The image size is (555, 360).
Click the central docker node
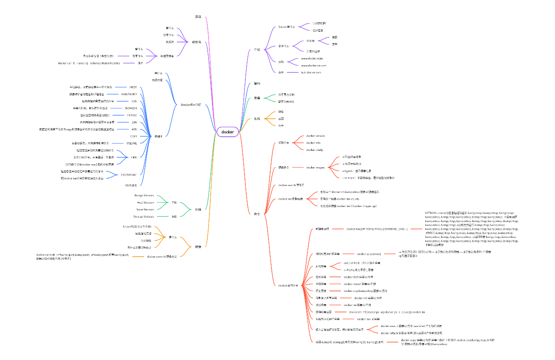(x=227, y=132)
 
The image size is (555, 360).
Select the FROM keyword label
(x=133, y=87)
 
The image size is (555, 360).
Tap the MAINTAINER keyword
(x=129, y=94)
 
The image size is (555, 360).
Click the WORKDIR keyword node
(x=131, y=108)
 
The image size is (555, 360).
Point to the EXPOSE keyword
(x=131, y=115)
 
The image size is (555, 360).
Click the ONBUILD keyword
(x=131, y=185)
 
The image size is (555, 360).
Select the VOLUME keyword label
(x=131, y=143)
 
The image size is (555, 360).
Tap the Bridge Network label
(x=144, y=195)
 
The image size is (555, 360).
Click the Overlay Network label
(x=143, y=216)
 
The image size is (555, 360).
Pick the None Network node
(x=144, y=210)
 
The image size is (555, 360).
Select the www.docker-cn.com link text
(x=313, y=66)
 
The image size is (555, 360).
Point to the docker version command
(x=315, y=136)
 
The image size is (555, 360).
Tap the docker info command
(x=313, y=143)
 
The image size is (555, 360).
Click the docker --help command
(x=314, y=150)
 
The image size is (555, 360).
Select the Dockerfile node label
(x=191, y=105)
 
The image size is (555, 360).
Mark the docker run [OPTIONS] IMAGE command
(x=376, y=229)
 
